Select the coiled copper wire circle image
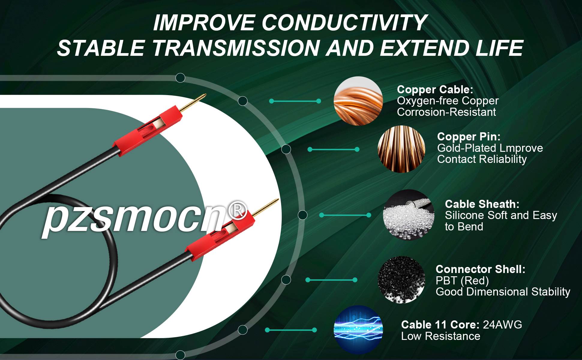click(358, 101)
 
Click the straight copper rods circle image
click(401, 149)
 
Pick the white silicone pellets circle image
click(409, 215)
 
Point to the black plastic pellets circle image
click(401, 280)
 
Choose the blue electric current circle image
click(358, 330)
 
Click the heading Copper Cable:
click(435, 89)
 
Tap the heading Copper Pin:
click(469, 136)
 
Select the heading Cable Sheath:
click(482, 204)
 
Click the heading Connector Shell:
click(480, 269)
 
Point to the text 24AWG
click(502, 325)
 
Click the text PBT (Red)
click(462, 281)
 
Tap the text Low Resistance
click(440, 336)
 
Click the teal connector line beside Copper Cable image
click(295, 101)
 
